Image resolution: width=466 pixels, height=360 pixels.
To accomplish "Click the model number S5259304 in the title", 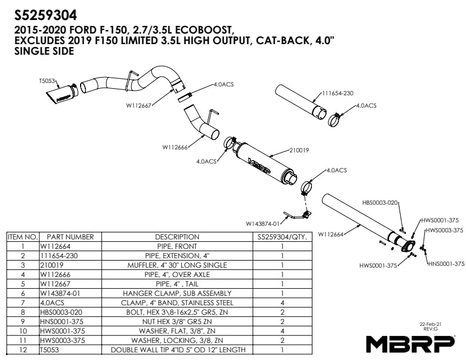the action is (45, 15).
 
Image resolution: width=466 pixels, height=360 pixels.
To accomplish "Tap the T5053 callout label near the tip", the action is (47, 81).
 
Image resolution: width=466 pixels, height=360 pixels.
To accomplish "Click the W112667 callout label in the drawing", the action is (139, 105).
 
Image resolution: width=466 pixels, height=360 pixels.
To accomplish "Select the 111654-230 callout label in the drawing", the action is (338, 94).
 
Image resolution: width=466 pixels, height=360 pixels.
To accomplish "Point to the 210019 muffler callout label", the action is (299, 151).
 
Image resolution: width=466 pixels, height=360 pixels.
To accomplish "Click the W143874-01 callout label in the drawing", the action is (263, 224).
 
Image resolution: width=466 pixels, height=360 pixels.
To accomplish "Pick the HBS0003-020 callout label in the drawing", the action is (380, 202).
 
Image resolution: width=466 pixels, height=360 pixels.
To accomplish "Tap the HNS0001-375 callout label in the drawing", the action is (446, 264).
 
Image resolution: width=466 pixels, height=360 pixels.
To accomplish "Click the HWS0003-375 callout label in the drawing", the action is (444, 230).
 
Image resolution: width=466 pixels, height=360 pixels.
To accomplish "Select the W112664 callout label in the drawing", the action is (331, 234).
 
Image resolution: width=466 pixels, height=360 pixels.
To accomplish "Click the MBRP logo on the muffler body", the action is (259, 165).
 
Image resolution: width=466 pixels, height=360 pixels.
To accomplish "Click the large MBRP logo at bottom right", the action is (411, 344).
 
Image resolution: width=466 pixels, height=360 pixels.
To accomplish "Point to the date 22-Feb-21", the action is (430, 324).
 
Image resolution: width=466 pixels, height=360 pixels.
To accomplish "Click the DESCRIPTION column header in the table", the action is (177, 236).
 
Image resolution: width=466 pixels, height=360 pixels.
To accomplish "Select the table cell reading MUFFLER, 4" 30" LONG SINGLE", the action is (177, 265).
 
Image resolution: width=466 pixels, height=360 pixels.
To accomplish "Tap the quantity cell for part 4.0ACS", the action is (282, 303).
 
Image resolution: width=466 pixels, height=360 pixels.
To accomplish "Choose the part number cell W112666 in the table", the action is (55, 275).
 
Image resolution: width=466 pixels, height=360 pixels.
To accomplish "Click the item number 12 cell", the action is (23, 350).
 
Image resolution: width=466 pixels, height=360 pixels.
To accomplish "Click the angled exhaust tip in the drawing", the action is (62, 94).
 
